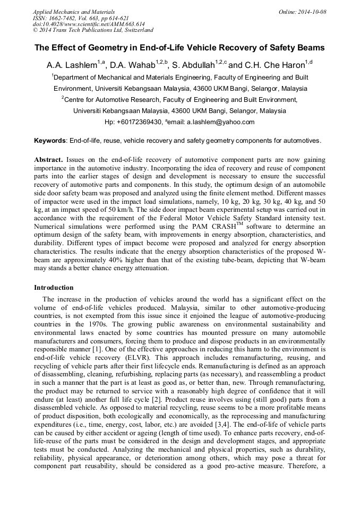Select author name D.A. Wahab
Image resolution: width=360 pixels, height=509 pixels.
tap(132, 65)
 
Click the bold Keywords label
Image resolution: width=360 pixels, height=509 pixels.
tap(50, 141)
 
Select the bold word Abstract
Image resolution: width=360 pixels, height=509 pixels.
tap(48, 160)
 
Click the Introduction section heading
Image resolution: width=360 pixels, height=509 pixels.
tap(54, 288)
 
